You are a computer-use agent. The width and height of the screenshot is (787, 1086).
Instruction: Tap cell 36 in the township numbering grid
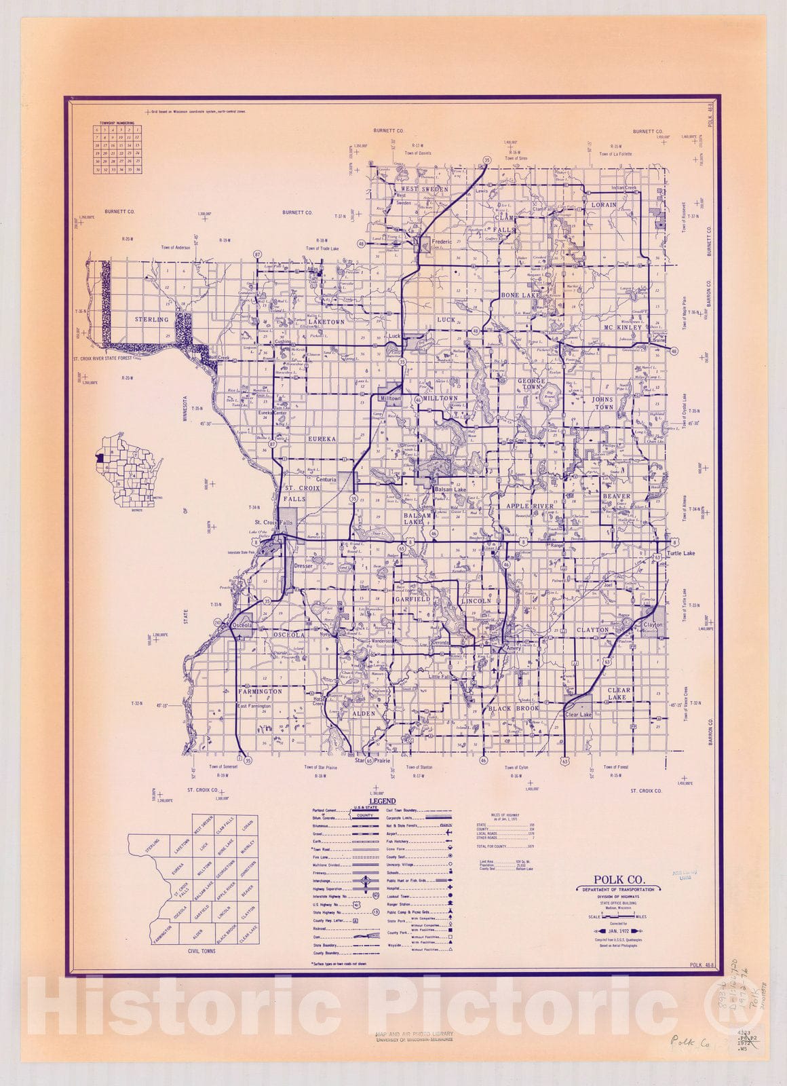[138, 169]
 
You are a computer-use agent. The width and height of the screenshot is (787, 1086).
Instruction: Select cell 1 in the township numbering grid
[138, 129]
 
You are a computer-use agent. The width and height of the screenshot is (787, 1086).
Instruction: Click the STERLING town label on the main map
[151, 319]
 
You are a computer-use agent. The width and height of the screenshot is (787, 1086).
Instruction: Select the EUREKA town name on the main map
[322, 439]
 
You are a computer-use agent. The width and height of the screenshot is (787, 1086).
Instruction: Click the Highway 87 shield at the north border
[257, 254]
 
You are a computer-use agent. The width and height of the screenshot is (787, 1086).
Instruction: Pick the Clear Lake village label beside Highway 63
[578, 715]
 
